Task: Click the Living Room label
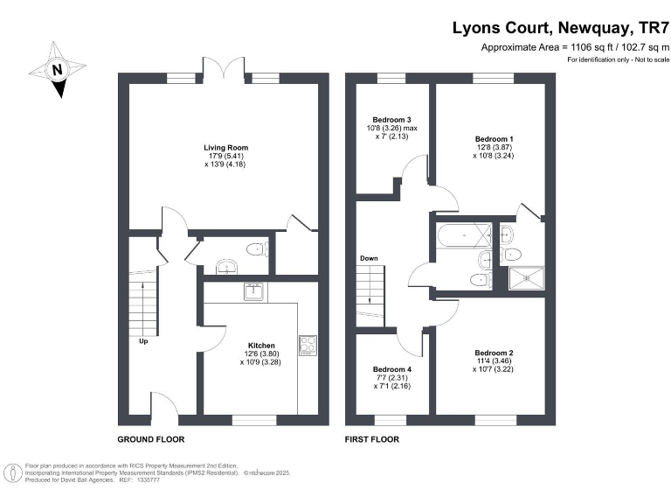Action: [x=219, y=148]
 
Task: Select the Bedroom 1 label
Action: [x=494, y=139]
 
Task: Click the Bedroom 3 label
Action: [x=391, y=120]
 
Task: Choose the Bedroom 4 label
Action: [x=391, y=369]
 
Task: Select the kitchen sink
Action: [x=254, y=291]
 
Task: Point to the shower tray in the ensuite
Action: [x=527, y=278]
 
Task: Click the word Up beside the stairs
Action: [x=143, y=341]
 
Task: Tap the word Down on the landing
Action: [x=368, y=259]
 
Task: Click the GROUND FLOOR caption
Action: [x=150, y=438]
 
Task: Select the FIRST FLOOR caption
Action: [x=372, y=438]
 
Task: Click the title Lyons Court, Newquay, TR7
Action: [x=559, y=27]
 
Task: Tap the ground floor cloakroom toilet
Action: [x=257, y=251]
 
